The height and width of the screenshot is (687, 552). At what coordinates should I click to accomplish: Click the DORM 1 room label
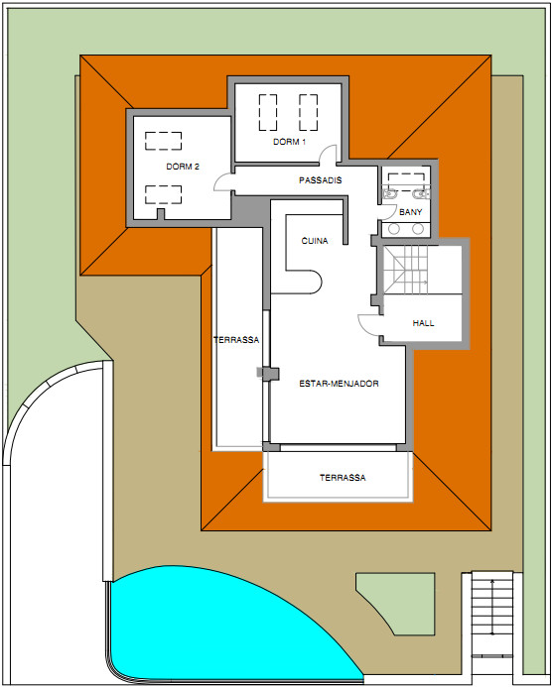[x=289, y=142]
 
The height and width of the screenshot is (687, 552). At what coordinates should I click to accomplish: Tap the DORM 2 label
[x=183, y=167]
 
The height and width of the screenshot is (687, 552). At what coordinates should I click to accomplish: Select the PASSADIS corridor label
[x=321, y=180]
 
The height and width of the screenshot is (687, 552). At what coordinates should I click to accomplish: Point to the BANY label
[x=411, y=212]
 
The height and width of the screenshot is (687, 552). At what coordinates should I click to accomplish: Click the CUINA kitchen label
[x=315, y=241]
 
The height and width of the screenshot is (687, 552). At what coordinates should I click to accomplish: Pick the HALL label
[x=424, y=323]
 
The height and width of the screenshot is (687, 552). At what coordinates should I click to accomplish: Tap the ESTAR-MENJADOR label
[x=339, y=384]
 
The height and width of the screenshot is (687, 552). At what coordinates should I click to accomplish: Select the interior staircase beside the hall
[x=406, y=270]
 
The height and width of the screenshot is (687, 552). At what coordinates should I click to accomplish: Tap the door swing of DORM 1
[x=328, y=155]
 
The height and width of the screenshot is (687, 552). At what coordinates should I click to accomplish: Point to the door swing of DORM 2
[x=222, y=181]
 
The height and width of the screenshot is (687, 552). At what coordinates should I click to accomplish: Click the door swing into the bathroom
[x=386, y=212]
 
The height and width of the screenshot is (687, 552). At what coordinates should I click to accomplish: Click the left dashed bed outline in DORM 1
[x=268, y=112]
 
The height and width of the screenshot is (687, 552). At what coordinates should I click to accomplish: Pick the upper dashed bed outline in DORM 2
[x=163, y=141]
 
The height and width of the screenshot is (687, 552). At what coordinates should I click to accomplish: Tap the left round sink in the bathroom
[x=394, y=229]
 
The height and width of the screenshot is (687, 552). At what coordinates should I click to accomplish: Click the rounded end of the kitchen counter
[x=314, y=282]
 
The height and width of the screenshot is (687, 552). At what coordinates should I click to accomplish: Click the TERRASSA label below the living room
[x=343, y=478]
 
